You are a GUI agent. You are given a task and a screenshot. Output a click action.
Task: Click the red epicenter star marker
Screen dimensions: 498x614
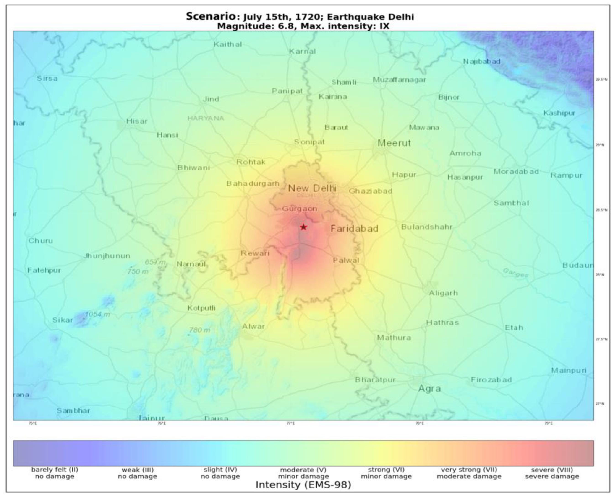[303, 227]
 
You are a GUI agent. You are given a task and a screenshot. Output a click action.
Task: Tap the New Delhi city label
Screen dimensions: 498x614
[312, 188]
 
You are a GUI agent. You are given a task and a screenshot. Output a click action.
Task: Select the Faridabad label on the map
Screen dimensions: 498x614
[354, 229]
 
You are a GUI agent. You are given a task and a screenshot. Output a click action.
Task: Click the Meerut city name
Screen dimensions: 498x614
[394, 143]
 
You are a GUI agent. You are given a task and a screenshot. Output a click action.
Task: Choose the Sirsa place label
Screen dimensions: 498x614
[47, 78]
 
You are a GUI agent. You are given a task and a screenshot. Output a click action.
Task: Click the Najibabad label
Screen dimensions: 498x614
[482, 61]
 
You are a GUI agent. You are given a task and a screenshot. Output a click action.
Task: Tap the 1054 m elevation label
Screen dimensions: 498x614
[98, 314]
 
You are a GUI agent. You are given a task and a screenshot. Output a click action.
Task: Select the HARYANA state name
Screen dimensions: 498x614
[206, 118]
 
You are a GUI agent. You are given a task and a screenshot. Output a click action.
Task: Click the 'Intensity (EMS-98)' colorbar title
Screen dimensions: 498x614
[303, 485]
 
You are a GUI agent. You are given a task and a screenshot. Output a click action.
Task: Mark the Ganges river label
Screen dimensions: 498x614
[515, 273]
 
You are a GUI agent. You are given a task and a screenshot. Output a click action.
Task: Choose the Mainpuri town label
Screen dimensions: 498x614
[568, 370]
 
